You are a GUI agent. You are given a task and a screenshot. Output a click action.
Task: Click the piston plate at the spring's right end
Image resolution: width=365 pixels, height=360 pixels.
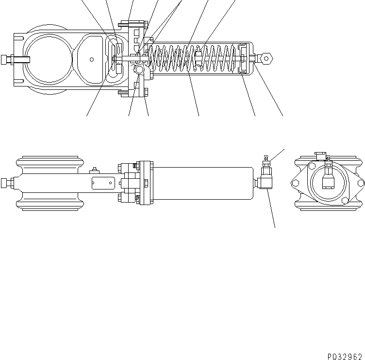click(242, 59)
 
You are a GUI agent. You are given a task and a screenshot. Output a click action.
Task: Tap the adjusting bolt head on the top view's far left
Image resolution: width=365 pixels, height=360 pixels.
click(6, 60)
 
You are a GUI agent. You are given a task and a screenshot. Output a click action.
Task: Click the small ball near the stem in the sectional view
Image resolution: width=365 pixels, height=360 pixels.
click(139, 70)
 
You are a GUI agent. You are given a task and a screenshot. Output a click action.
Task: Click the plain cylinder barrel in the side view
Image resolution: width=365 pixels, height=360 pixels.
click(204, 183)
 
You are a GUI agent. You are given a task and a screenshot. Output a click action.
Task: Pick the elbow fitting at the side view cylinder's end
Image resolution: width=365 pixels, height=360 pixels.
click(265, 182)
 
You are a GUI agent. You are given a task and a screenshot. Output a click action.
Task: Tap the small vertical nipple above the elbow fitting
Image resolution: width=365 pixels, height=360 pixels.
click(266, 159)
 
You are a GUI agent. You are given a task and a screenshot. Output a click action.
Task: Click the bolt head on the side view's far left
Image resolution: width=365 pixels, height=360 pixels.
click(6, 183)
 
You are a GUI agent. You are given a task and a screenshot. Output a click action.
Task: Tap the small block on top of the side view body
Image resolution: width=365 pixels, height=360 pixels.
click(94, 170)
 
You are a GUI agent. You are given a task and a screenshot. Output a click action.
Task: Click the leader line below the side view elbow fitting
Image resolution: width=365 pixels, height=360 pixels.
click(272, 209)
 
